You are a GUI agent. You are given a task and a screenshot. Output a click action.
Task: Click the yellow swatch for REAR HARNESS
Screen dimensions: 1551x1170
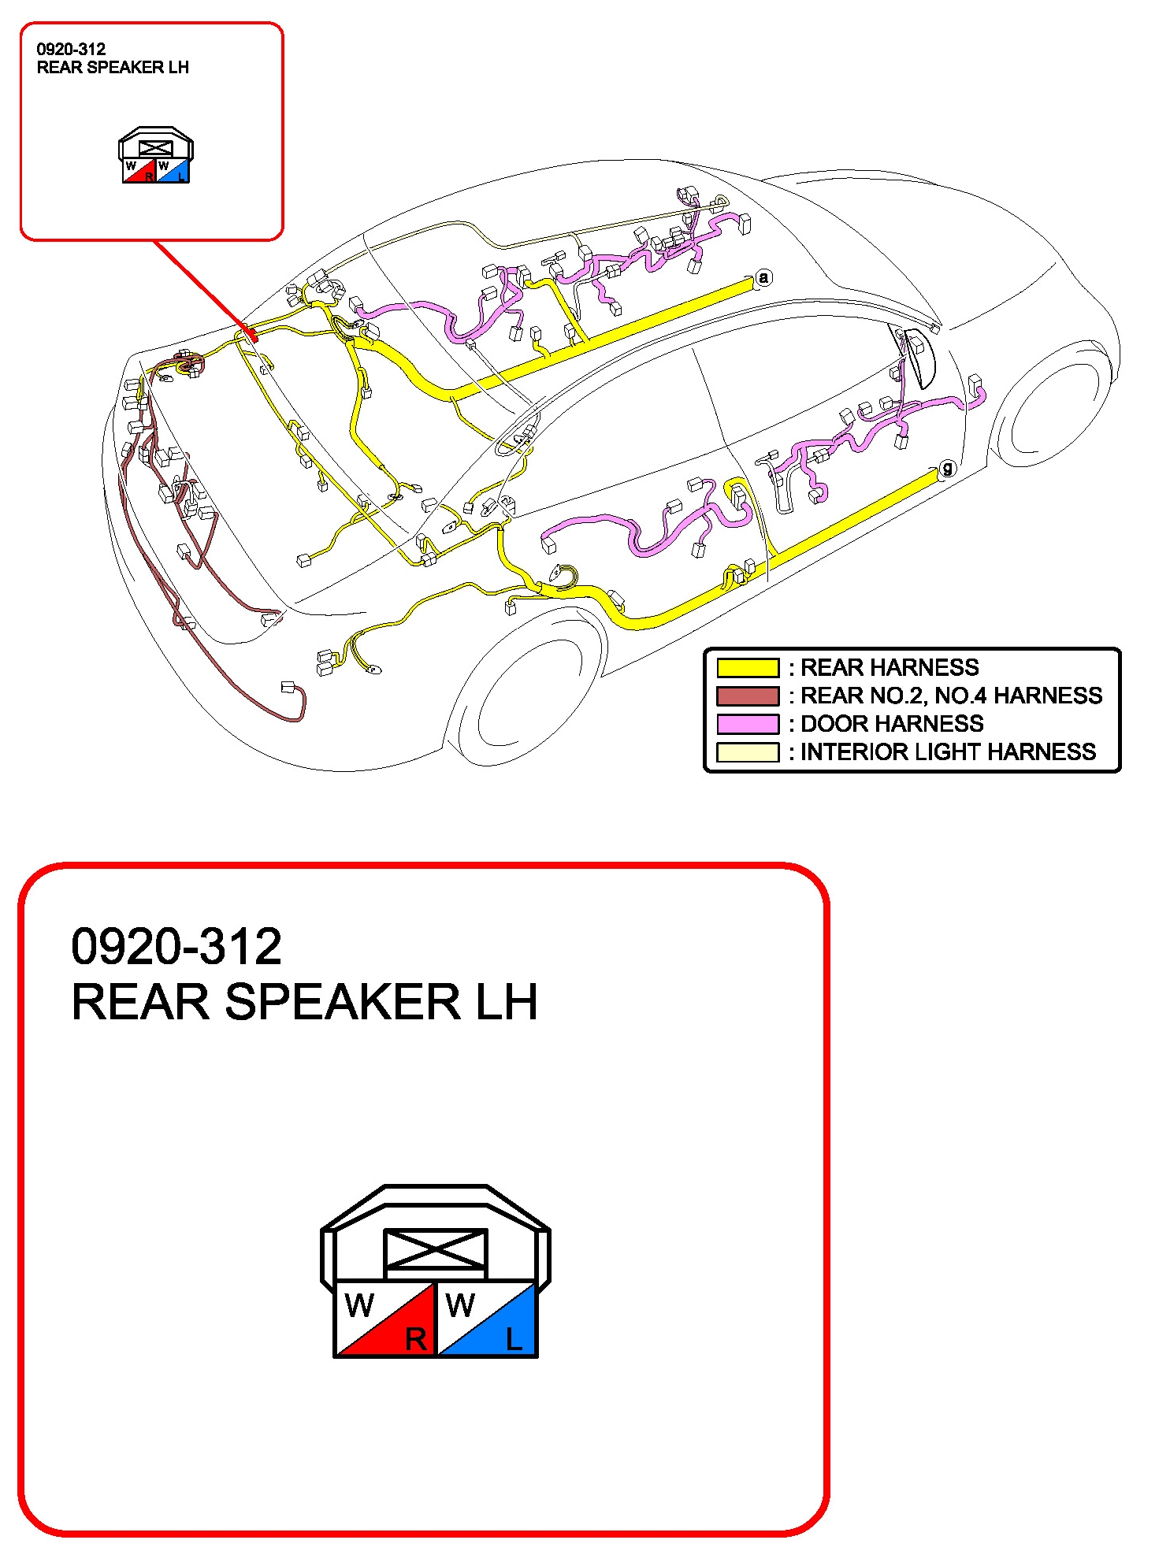click(x=747, y=667)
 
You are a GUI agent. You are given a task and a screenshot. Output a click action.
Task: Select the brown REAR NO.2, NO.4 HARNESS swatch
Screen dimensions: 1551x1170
click(x=747, y=696)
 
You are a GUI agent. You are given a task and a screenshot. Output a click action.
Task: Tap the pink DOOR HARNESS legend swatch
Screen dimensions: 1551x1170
click(x=747, y=724)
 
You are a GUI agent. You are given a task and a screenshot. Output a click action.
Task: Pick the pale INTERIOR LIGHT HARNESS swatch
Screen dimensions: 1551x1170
click(x=747, y=752)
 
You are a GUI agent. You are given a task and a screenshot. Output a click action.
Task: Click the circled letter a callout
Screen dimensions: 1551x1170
click(x=763, y=277)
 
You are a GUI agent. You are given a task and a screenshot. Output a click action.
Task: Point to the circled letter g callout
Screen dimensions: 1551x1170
click(x=947, y=468)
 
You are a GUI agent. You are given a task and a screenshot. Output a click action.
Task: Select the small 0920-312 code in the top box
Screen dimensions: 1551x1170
click(x=71, y=49)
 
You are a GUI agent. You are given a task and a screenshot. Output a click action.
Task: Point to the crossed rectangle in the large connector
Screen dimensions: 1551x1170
click(x=435, y=1249)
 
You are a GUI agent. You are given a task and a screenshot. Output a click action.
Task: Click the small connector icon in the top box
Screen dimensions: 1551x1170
click(x=156, y=155)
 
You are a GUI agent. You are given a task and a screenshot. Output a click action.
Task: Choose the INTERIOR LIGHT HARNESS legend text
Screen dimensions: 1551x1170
click(x=948, y=752)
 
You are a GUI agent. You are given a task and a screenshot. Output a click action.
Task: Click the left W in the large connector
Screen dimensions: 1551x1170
click(x=359, y=1306)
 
